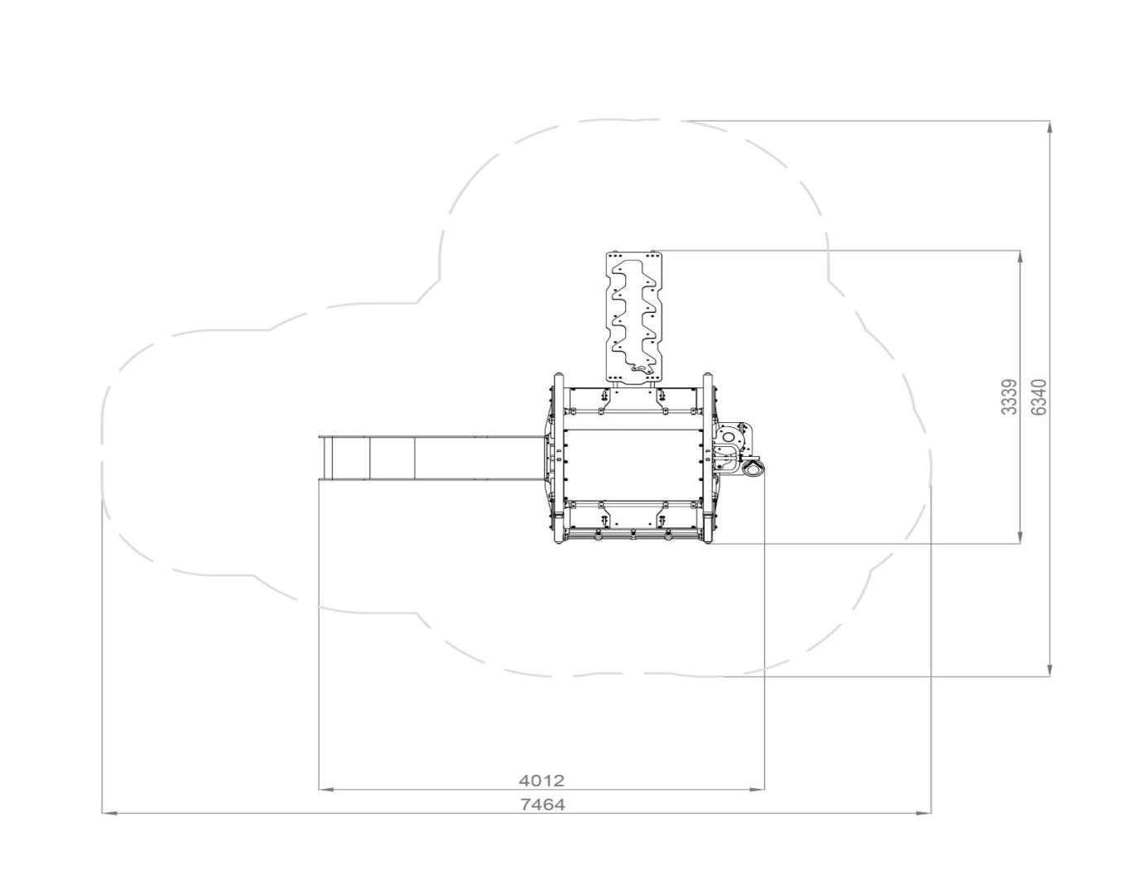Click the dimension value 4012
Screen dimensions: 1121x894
click(x=541, y=781)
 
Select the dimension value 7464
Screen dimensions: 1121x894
click(x=543, y=805)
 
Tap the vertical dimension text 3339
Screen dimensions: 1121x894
click(x=1009, y=397)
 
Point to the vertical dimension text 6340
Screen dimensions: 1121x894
click(x=1039, y=397)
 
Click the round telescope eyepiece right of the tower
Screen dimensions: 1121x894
click(x=753, y=469)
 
